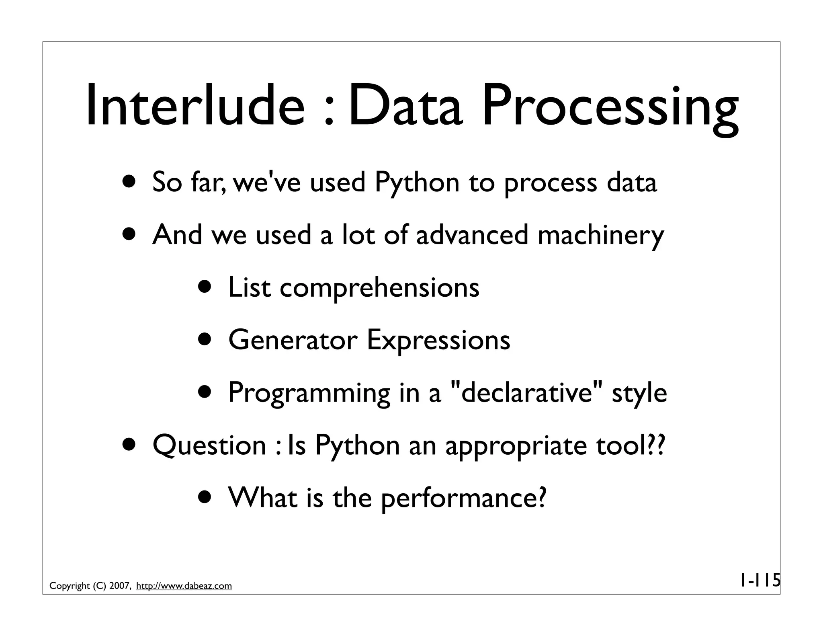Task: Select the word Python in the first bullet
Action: (x=417, y=183)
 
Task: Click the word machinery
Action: (x=601, y=236)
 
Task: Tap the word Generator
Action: (x=293, y=340)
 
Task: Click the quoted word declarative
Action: (x=527, y=392)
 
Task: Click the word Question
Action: (x=209, y=445)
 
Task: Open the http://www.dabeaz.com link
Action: (x=184, y=586)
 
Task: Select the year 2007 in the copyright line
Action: (x=119, y=586)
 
